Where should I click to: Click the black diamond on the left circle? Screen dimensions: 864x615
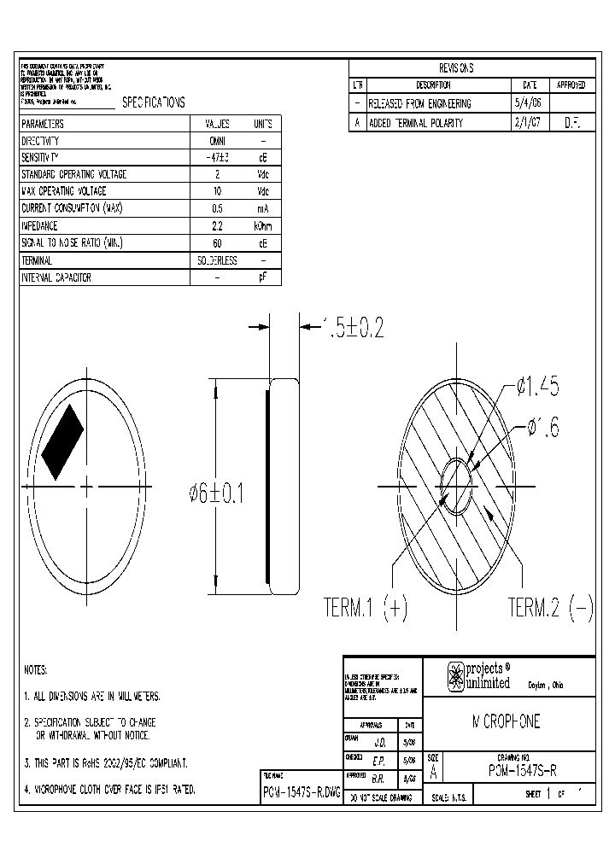(x=62, y=441)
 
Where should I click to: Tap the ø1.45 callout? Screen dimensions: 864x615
(x=538, y=388)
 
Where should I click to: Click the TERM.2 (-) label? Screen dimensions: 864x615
(x=550, y=608)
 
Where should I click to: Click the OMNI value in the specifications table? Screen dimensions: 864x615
(x=217, y=141)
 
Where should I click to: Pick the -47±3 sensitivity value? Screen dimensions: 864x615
(x=217, y=158)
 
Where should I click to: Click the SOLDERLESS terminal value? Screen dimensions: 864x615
(x=217, y=260)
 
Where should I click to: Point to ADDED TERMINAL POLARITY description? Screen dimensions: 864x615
(x=415, y=122)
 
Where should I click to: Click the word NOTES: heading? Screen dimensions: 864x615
(x=35, y=670)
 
